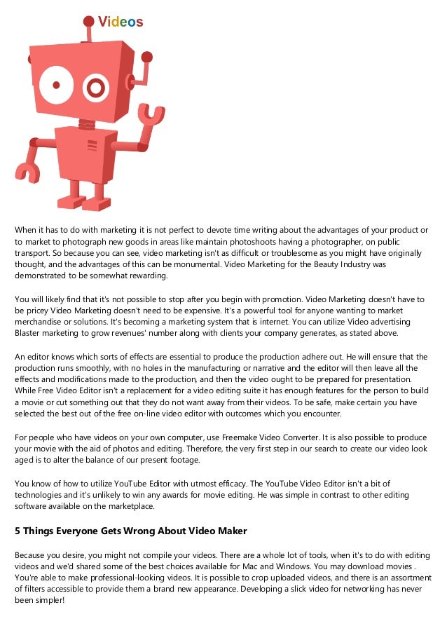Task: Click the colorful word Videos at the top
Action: (x=121, y=22)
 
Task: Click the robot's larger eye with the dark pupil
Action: (x=53, y=86)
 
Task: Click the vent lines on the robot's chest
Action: (x=91, y=145)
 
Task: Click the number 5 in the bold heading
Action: (x=18, y=530)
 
